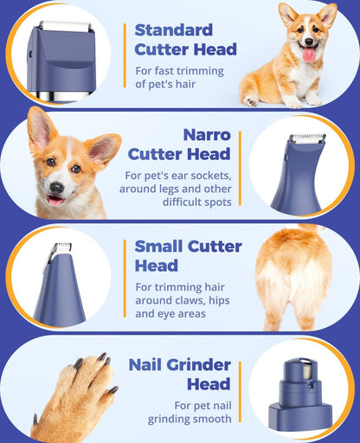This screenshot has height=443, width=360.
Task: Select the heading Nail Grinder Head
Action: pos(179,374)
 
